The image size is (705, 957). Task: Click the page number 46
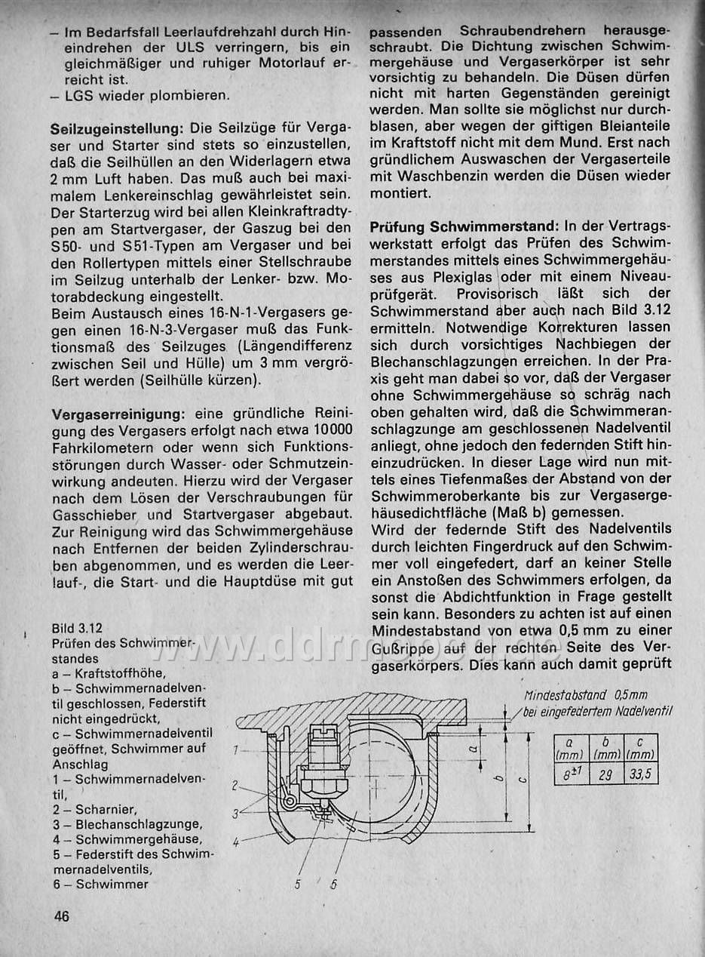coord(61,917)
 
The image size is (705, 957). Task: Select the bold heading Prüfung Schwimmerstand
coord(464,226)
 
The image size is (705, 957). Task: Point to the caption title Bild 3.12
coord(78,628)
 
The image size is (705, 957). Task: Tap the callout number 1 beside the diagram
coord(237,749)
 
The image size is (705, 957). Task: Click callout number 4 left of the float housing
coord(237,838)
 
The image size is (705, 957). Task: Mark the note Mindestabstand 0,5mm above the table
coord(584,695)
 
